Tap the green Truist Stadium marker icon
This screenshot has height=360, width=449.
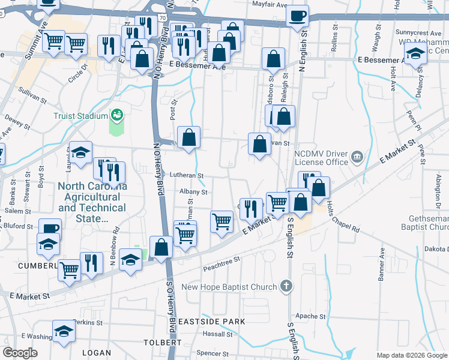[118, 114]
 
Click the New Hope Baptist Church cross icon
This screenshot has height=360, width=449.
[287, 287]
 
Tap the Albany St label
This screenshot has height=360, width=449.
[192, 193]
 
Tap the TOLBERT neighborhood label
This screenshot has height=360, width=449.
[163, 342]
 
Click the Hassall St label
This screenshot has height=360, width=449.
[212, 333]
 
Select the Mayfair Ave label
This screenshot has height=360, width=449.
[270, 5]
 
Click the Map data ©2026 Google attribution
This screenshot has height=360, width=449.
[411, 355]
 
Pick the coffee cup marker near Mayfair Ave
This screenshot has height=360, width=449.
[297, 15]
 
